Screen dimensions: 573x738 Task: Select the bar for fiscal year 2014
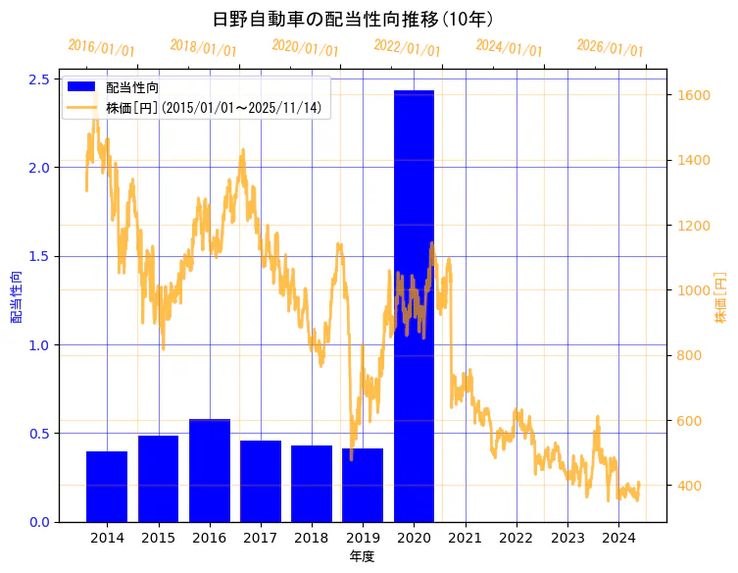click(x=107, y=487)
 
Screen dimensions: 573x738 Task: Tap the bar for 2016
click(x=209, y=471)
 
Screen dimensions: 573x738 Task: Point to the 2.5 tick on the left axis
click(x=40, y=79)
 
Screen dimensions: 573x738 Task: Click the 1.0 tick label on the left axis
click(x=40, y=345)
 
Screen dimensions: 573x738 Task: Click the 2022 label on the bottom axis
click(x=517, y=538)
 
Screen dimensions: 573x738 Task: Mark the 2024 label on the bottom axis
click(x=618, y=538)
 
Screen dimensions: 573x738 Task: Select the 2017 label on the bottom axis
click(x=261, y=538)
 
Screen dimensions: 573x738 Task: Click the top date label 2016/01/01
click(x=102, y=48)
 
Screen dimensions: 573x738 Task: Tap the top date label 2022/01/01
click(x=408, y=48)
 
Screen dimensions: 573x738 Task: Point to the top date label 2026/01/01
click(x=611, y=48)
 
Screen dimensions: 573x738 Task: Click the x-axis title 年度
click(x=362, y=556)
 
